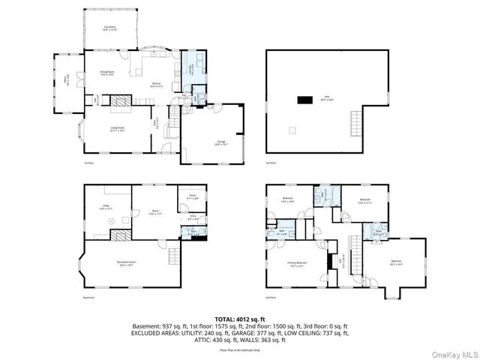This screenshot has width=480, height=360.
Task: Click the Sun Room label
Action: click(x=109, y=28)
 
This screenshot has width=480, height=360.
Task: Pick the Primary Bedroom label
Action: click(x=296, y=263)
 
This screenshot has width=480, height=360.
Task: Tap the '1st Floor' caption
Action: click(x=88, y=162)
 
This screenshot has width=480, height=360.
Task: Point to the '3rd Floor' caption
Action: click(x=272, y=162)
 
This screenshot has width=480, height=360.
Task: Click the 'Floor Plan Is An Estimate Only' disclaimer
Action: click(x=240, y=350)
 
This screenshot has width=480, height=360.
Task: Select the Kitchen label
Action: click(x=156, y=84)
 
